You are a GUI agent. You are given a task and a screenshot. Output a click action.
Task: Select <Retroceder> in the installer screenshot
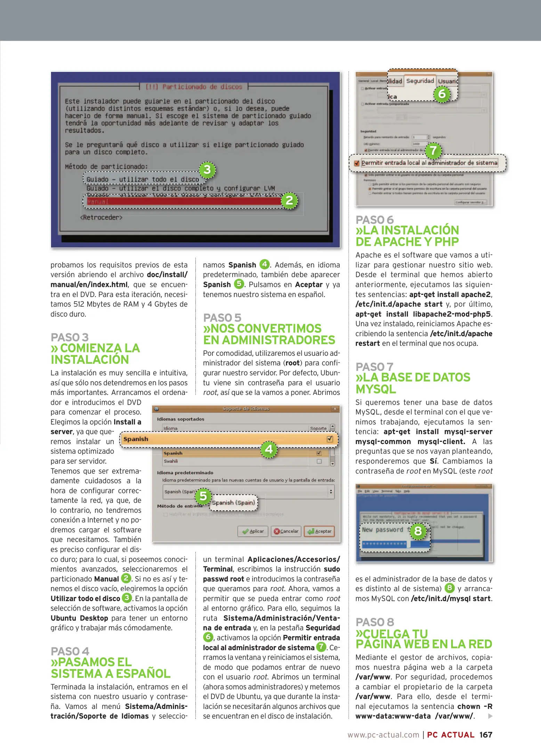[x=101, y=218]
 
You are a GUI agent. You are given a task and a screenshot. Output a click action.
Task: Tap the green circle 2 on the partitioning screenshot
[x=289, y=200]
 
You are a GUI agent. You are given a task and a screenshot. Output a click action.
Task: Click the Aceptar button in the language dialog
[x=320, y=531]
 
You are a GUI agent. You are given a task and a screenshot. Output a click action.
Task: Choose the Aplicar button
[x=253, y=531]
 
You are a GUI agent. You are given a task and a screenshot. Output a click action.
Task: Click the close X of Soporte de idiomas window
[x=335, y=409]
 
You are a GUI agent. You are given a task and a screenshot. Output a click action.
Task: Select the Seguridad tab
[x=420, y=81]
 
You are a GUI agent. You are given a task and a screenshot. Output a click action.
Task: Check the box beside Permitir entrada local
[x=356, y=163]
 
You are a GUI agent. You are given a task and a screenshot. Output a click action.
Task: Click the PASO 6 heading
[x=374, y=220]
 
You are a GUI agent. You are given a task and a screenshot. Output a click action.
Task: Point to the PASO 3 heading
[x=70, y=337]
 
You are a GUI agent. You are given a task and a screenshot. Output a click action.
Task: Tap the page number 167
[x=486, y=735]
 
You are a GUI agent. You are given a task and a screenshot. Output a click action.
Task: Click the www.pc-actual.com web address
[x=383, y=735]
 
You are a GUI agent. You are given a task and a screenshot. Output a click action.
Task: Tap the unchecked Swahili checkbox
[x=319, y=461]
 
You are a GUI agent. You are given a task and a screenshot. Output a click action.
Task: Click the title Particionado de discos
[x=194, y=87]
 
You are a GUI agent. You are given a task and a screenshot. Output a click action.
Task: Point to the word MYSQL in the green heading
[x=376, y=389]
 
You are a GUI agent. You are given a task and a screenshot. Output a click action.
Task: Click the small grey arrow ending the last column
[x=490, y=716]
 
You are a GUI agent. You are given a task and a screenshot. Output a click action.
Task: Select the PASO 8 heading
[x=375, y=622]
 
